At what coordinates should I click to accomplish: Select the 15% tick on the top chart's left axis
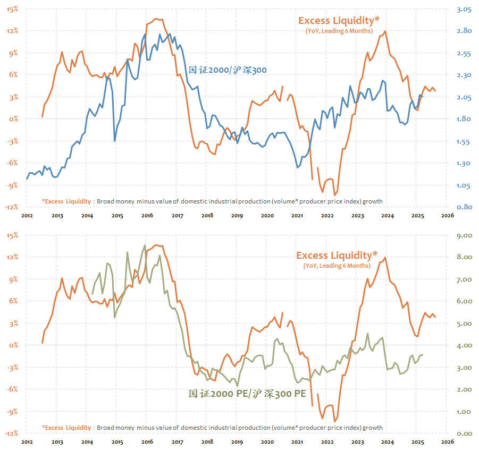[12, 9]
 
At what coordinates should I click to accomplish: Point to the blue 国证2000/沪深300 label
[228, 70]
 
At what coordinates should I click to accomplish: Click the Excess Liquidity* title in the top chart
[339, 21]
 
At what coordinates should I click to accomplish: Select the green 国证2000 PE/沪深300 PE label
[247, 394]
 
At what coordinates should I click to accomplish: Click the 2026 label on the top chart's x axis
[447, 216]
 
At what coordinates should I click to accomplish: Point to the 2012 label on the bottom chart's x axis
[27, 442]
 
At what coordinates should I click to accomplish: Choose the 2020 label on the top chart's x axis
[267, 216]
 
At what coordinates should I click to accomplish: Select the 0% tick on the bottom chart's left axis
[13, 345]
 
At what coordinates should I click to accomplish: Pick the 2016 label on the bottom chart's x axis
[147, 442]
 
